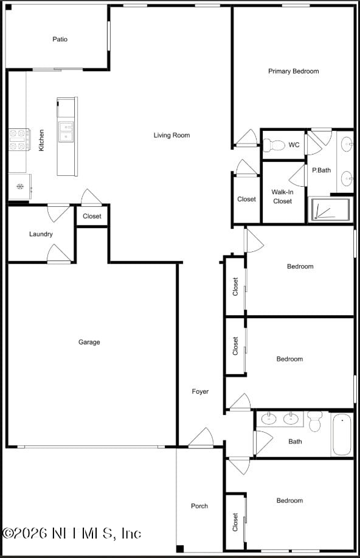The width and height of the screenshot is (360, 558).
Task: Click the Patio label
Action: [60, 40]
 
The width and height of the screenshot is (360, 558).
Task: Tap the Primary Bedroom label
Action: [293, 71]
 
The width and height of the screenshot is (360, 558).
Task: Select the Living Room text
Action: [171, 135]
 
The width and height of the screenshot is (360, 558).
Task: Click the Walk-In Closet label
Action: [282, 197]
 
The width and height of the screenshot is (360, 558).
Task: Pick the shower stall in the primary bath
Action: [331, 209]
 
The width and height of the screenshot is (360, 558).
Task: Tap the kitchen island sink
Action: [66, 131]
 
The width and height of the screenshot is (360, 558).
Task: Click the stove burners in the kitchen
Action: [19, 139]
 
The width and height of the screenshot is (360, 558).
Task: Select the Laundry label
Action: [41, 234]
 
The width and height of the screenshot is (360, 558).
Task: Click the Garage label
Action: [89, 342]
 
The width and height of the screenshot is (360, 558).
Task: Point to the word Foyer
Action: [200, 391]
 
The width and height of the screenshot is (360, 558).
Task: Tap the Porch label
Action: [199, 506]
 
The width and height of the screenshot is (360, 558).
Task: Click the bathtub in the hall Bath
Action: [342, 434]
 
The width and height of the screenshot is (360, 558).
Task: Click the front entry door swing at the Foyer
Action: [201, 438]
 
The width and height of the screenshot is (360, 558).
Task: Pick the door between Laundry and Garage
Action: [59, 255]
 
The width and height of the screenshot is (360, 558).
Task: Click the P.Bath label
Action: [321, 170]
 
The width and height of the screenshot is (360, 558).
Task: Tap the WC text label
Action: [294, 145]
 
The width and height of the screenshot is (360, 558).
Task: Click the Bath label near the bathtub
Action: [295, 442]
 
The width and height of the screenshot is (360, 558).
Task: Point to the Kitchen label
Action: [41, 140]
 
